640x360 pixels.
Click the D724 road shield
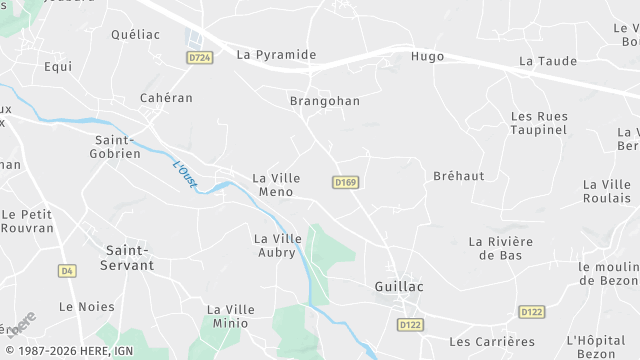200,58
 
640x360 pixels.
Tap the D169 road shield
346,182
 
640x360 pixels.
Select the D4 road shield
67,270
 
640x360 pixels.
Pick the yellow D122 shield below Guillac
409,324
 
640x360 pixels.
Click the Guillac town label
398,286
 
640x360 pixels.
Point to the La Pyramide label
276,55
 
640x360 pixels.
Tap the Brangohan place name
324,101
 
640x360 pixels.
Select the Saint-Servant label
130,257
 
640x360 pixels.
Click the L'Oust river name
184,173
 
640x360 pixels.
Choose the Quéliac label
135,34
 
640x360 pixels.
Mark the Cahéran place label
166,98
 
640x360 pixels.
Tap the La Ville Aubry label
278,245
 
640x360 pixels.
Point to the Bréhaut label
458,176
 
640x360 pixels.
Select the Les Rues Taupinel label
539,123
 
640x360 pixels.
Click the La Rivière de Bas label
501,248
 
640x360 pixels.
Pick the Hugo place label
427,57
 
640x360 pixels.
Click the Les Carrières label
493,342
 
